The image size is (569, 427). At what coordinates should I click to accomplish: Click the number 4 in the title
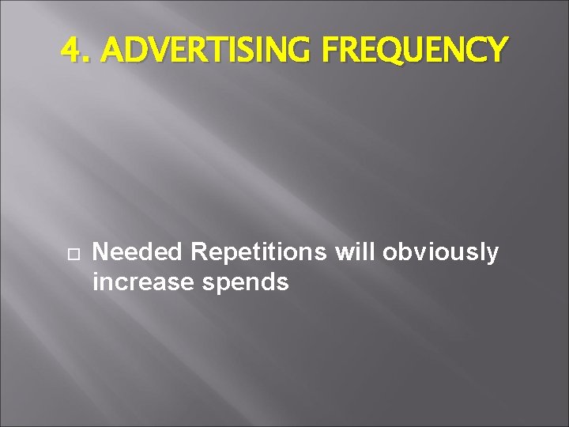click(70, 51)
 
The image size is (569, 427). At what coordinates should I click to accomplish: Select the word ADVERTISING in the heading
click(209, 51)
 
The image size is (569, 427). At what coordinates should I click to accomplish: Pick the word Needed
click(138, 252)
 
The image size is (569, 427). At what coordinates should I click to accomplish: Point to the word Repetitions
click(258, 252)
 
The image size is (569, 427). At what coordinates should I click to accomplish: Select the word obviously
click(441, 253)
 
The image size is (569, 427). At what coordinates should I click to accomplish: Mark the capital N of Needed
click(100, 252)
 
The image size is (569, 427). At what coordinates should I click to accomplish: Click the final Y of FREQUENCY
click(495, 51)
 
